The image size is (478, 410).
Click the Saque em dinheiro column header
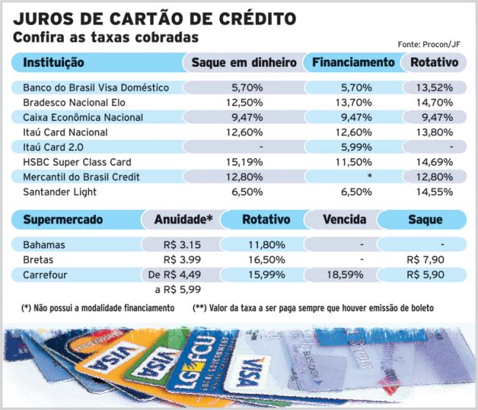pos(244,63)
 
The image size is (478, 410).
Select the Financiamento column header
pos(353,63)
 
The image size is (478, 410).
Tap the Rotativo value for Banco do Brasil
pos(435,88)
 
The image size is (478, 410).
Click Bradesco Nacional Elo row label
pos(74,102)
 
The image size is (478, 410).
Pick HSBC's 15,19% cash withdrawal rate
pos(244,162)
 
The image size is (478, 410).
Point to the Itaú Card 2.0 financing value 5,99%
pos(357,147)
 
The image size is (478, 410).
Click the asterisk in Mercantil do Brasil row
pos(369,176)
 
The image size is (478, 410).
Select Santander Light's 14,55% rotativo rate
pos(435,192)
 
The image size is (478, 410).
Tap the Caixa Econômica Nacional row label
pos(83,118)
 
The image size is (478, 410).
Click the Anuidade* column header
pos(184,219)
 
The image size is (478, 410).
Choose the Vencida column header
pos(344,219)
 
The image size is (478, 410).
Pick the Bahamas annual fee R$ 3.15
pos(182,244)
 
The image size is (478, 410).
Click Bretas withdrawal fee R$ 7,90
pos(426,260)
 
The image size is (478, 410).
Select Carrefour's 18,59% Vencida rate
pos(345,275)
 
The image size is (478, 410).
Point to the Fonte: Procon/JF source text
pos(429,45)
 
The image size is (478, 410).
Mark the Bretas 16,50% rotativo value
pos(267,260)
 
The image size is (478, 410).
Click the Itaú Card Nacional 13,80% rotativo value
pos(435,132)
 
